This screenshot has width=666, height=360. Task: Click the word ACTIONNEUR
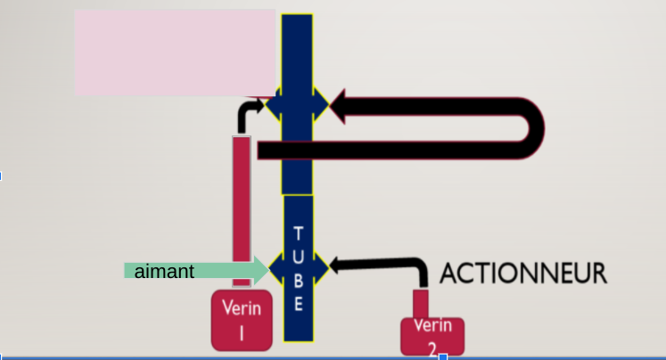pos(524,273)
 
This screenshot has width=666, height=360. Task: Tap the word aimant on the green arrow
pos(164,271)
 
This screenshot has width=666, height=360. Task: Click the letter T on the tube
pos(298,233)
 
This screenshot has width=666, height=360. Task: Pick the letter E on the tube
pos(298,303)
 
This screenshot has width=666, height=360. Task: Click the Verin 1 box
pos(241,321)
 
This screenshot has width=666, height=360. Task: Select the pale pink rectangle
pos(174,52)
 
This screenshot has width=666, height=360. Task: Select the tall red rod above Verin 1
pos(241,210)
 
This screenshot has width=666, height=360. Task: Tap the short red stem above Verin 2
pos(420,302)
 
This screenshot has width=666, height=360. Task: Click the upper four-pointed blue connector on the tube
pos(297,106)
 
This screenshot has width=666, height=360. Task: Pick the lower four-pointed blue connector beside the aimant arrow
pos(297,266)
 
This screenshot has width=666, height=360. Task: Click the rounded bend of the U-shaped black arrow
pos(532,128)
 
